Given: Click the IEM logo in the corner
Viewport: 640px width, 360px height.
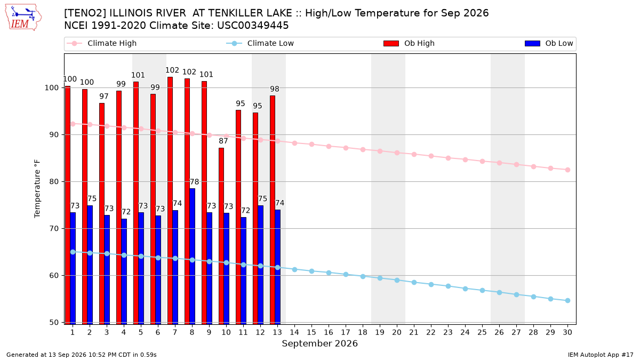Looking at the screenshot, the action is (23, 17).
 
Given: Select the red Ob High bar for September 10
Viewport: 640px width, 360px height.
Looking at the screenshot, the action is (221, 236).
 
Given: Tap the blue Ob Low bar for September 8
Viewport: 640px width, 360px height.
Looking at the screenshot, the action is (193, 257).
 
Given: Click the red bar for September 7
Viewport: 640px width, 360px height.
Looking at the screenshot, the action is (170, 201).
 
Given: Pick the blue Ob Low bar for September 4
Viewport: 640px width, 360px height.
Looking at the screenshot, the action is (124, 271).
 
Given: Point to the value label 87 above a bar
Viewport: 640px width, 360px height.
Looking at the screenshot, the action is (223, 141).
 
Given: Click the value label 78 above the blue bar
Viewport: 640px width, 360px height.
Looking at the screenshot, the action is (194, 182).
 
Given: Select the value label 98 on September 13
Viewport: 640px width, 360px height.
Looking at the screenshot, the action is (275, 89).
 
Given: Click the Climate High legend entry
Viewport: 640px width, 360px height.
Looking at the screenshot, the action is (101, 43).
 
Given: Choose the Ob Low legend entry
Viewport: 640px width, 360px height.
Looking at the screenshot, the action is (549, 43).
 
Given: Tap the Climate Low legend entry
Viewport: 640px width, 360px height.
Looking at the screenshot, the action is (260, 43).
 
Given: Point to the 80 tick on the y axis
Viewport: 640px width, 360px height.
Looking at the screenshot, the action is (54, 182).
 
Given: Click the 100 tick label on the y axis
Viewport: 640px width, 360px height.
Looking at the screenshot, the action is (51, 87).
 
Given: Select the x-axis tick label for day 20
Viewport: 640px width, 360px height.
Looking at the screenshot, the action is (397, 332).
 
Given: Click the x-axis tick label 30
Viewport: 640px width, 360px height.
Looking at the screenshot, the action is (567, 332).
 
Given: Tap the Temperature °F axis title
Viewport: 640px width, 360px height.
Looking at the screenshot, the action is (37, 189).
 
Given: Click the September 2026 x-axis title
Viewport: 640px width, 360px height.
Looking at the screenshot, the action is (319, 343).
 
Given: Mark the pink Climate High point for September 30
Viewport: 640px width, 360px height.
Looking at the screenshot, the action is (567, 170).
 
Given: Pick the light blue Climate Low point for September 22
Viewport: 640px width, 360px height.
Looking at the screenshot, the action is (431, 285).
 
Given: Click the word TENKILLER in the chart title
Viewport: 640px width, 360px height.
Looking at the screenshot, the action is (250, 13).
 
